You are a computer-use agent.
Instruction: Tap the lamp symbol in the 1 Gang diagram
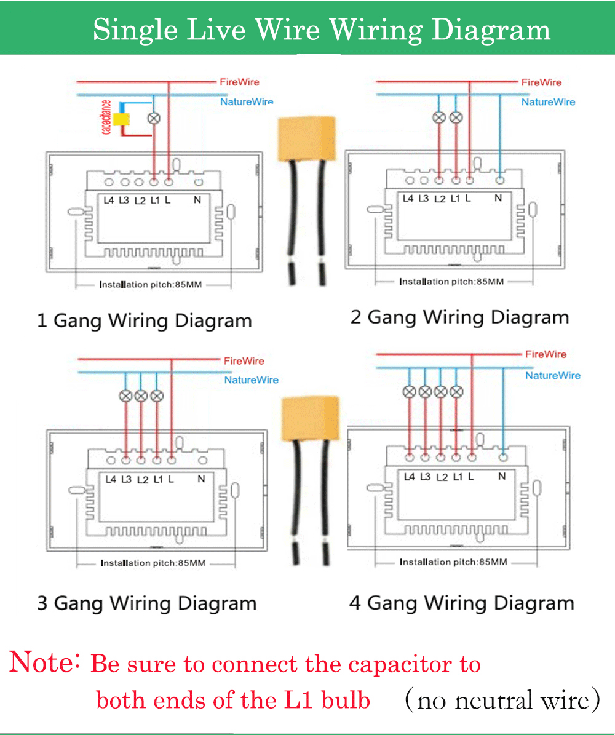154,118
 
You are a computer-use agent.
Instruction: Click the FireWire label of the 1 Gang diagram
239,82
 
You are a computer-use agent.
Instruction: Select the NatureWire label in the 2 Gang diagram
548,102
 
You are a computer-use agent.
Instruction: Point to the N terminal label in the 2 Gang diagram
498,198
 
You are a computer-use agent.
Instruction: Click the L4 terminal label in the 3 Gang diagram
111,479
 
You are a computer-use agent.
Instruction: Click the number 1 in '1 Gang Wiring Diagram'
42,320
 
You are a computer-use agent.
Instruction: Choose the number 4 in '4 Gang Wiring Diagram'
355,602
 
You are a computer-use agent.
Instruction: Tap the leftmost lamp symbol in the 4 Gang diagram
409,392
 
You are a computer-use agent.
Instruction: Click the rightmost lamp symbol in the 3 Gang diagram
157,395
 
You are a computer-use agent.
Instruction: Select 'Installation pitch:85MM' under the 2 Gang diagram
451,282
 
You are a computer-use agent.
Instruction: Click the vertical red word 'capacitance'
106,117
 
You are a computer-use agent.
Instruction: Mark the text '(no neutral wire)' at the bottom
502,700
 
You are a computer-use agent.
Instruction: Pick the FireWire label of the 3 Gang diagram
244,361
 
